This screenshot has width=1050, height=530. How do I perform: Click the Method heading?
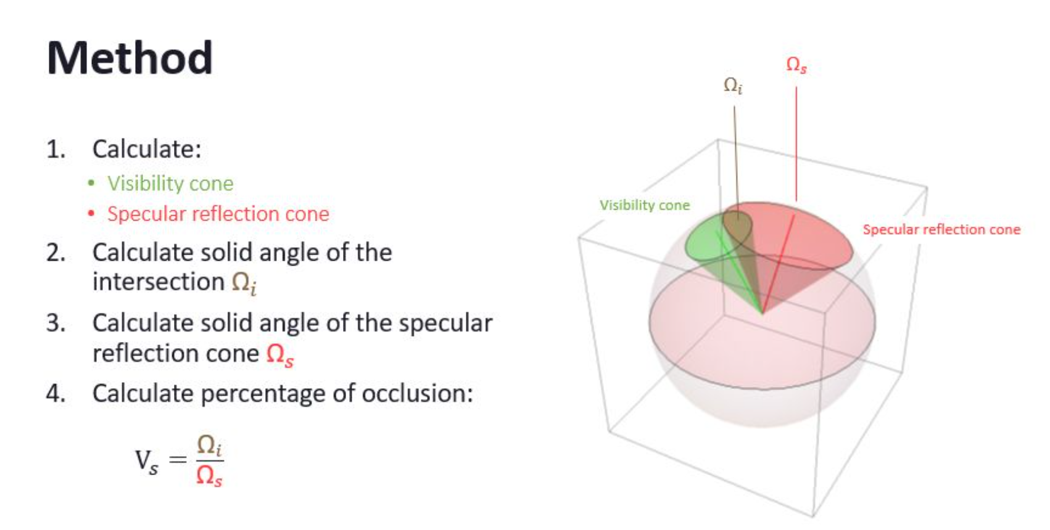(130, 58)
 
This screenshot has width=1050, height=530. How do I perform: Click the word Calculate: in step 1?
(147, 149)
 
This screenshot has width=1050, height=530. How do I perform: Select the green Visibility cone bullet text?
(170, 184)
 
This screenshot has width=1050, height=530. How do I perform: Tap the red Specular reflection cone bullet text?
(218, 214)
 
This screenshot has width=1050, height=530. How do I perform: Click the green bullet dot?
(91, 183)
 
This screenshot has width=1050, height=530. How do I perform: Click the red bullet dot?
(91, 214)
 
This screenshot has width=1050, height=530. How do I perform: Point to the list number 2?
(56, 253)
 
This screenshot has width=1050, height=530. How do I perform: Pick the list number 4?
(56, 393)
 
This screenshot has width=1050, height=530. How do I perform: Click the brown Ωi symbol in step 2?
(244, 283)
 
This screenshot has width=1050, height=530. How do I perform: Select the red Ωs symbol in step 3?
(280, 354)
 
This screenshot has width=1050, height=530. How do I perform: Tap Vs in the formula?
(147, 462)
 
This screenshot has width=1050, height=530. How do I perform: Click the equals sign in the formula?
(178, 460)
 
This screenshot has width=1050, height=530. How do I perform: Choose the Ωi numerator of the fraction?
(210, 445)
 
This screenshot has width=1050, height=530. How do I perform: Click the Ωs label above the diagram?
(796, 65)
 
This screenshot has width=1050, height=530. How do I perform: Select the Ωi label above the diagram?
(733, 86)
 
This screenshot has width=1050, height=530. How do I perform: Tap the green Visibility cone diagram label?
(645, 205)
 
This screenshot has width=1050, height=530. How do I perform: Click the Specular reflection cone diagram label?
(941, 229)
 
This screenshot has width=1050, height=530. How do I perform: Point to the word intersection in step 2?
(159, 282)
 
